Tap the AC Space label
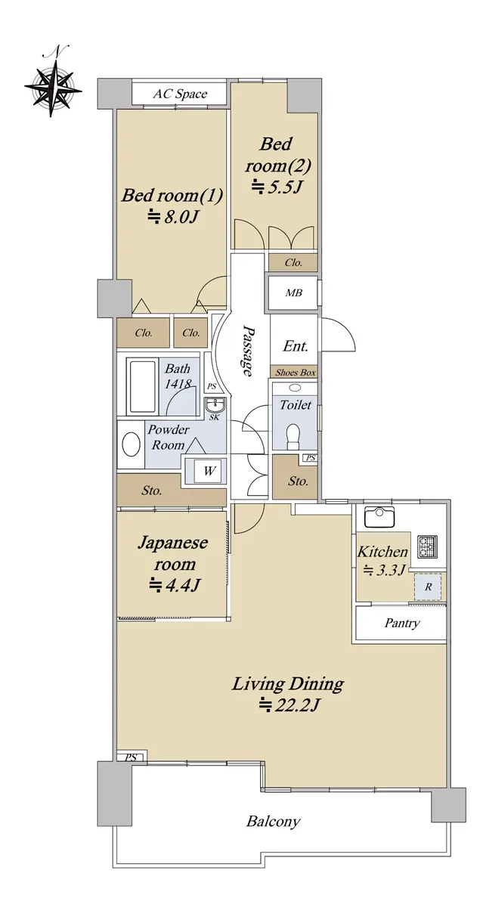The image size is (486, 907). pos(180,94)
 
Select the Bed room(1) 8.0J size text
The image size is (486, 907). pos(172,218)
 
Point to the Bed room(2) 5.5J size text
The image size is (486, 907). pos(277,187)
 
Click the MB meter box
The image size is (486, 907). pos(293,293)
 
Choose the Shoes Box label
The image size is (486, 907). pos(296,373)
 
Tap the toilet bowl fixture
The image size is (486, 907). pos(293,435)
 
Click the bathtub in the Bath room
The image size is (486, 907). pos(143,386)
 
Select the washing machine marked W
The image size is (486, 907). pos(209,471)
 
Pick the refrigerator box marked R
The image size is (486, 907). pos(428,587)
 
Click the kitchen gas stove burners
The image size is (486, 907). pos(428,546)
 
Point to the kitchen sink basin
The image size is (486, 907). pos(379,517)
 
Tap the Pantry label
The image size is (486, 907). pos(402,623)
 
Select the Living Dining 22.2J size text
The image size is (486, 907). pos(290,705)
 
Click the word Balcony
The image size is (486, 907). pos(274,822)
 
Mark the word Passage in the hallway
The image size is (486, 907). pos(247,350)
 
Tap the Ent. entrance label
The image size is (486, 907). pos(296,346)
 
